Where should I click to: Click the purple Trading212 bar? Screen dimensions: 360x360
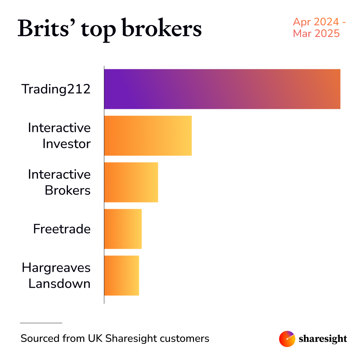[222, 89]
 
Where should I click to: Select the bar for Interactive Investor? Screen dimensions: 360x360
[148, 136]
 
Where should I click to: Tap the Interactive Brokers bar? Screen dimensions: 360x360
[131, 182]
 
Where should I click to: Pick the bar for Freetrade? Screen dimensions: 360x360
[123, 229]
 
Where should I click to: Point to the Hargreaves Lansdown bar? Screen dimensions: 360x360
[121, 275]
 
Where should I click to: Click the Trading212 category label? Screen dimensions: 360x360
[56, 89]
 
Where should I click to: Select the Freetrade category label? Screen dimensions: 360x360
[62, 229]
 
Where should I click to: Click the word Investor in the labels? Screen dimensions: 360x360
[66, 144]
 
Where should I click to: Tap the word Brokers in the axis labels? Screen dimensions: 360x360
[67, 190]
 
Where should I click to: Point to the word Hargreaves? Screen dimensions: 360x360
[56, 268]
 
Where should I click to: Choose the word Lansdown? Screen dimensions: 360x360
[59, 284]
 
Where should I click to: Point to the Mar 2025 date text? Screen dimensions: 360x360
[316, 33]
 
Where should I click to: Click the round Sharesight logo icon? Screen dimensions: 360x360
[287, 339]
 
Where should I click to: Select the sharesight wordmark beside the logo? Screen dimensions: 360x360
[323, 339]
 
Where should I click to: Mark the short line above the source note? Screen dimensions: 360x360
[41, 323]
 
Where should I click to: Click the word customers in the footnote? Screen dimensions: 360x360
[184, 339]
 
